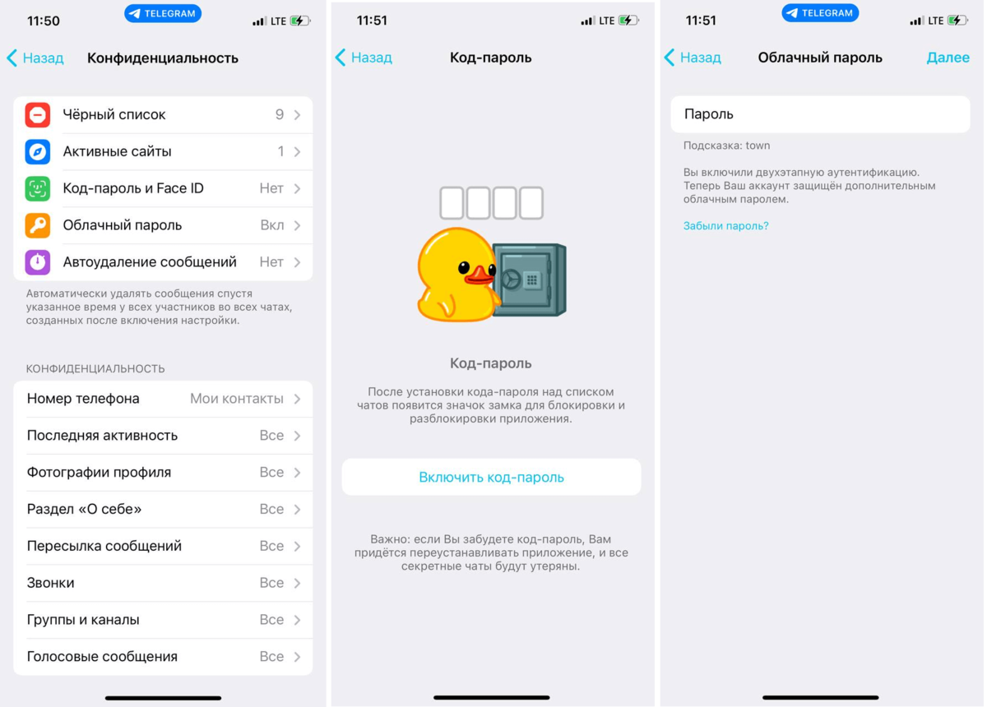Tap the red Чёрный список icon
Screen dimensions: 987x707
click(x=38, y=115)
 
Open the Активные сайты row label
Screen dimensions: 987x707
click(x=117, y=151)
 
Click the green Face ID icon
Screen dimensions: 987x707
click(x=38, y=188)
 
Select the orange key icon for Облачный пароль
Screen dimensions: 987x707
click(x=38, y=225)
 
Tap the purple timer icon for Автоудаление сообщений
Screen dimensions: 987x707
click(x=38, y=262)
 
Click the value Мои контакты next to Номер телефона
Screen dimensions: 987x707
click(x=237, y=399)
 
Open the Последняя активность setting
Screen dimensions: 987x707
click(x=102, y=436)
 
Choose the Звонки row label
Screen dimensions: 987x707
click(x=51, y=583)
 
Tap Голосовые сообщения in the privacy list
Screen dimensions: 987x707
click(x=102, y=657)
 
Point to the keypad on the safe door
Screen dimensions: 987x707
click(x=532, y=280)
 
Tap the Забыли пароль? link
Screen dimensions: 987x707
click(x=725, y=226)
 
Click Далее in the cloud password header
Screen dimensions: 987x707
click(x=948, y=58)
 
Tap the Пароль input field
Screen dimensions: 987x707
click(x=820, y=114)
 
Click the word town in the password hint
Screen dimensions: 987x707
click(x=758, y=146)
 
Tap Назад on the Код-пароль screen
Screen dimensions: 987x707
click(x=364, y=58)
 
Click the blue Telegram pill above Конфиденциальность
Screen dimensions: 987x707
click(x=163, y=14)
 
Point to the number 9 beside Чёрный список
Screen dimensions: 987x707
click(x=280, y=114)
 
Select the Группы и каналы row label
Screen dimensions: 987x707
click(x=83, y=620)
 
